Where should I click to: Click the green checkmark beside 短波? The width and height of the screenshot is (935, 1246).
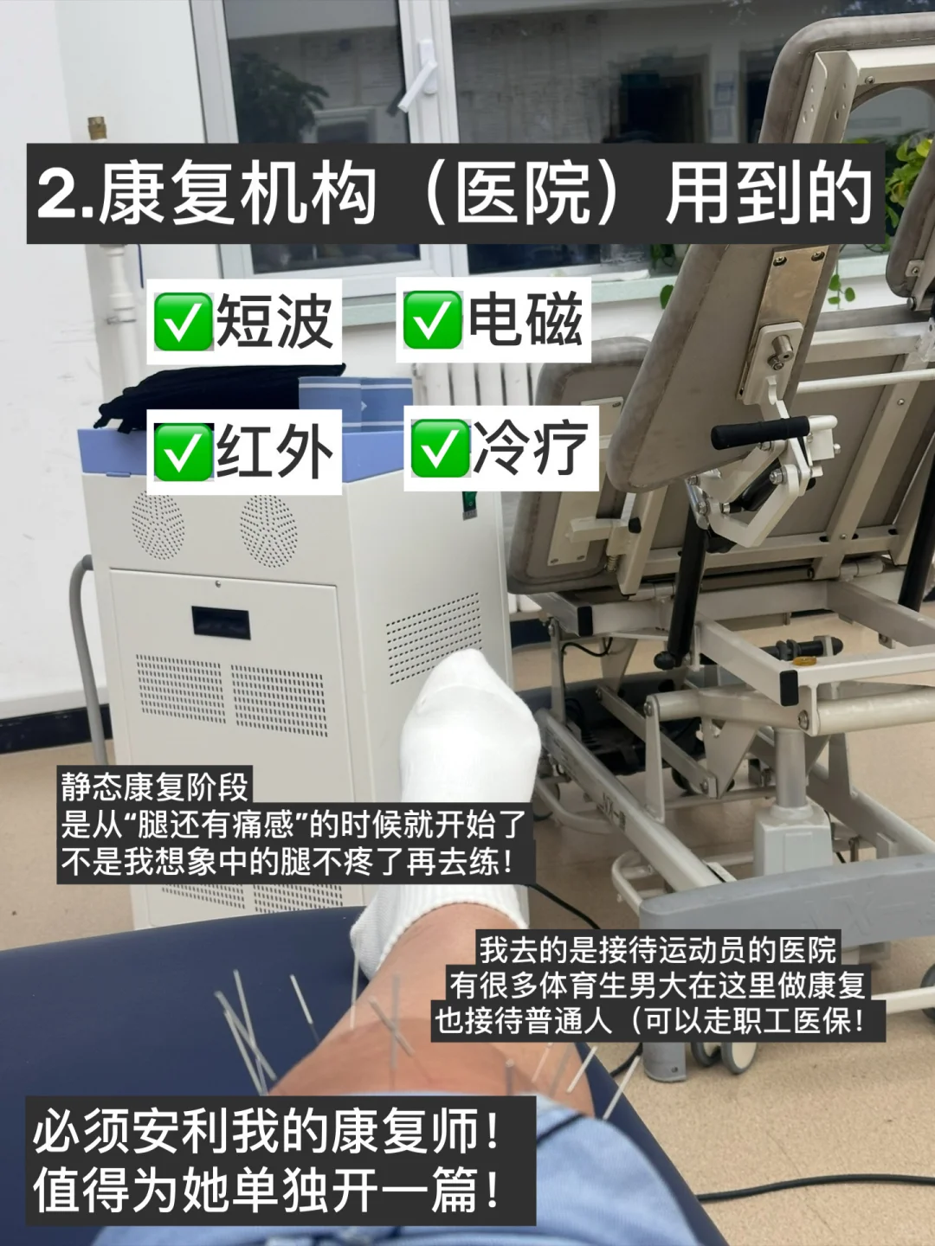click(x=183, y=321)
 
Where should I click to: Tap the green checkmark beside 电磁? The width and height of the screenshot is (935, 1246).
click(x=432, y=319)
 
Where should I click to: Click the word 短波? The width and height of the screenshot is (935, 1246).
click(x=274, y=321)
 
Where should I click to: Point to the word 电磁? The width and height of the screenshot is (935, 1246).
click(x=525, y=319)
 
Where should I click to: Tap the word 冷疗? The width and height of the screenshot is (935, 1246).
click(x=531, y=448)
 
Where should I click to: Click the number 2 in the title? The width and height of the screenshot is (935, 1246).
click(x=57, y=194)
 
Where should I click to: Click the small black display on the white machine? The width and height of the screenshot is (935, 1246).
click(x=221, y=622)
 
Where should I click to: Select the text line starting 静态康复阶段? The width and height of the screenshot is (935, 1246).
click(x=155, y=787)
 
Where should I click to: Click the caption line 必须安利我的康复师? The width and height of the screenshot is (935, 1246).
click(x=267, y=1132)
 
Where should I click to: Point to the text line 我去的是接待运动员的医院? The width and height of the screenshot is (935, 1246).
click(x=658, y=949)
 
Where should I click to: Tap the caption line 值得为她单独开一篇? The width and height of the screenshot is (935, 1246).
click(x=267, y=1191)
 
